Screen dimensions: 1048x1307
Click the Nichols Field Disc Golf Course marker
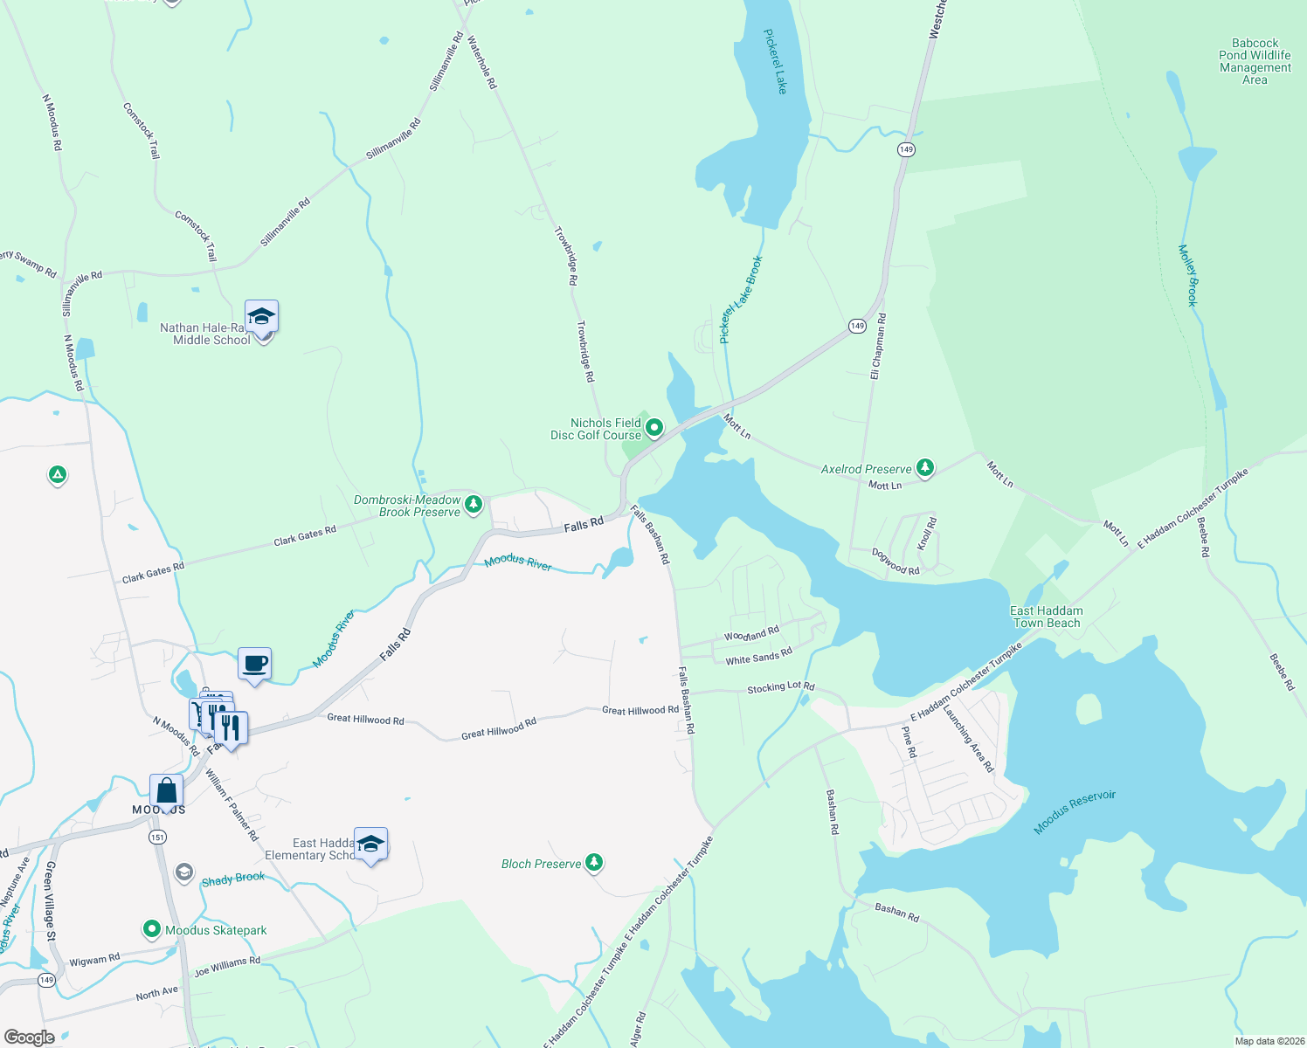tap(653, 428)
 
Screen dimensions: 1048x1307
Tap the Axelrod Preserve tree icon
tap(925, 468)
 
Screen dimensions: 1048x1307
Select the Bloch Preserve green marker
tap(594, 863)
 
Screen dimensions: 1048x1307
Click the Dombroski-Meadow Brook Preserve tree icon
tap(474, 504)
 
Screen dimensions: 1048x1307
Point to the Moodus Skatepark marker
tap(152, 929)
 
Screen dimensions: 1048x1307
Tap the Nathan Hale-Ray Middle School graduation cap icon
tap(261, 316)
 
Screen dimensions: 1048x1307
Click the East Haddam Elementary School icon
tap(370, 844)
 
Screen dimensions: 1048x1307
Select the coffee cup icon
tap(254, 664)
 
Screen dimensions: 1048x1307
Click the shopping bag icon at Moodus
tap(166, 791)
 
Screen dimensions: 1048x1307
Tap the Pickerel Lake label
tap(775, 61)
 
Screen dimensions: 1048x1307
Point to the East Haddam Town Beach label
tap(1046, 617)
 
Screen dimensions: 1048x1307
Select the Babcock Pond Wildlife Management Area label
tap(1255, 61)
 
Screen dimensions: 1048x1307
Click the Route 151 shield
tap(157, 837)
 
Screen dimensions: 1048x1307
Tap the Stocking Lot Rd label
tap(780, 688)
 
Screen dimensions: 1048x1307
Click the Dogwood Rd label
tap(896, 562)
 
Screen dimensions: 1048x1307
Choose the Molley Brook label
tap(1188, 275)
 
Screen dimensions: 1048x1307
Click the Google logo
tap(29, 1037)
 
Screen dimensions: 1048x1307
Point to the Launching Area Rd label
tap(968, 737)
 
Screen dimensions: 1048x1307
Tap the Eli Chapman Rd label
tap(877, 346)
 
